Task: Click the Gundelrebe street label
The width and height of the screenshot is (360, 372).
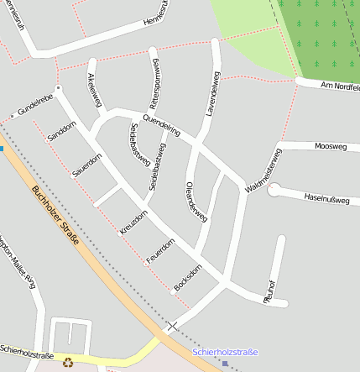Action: pyautogui.click(x=35, y=104)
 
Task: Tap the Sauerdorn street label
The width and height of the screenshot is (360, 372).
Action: pyautogui.click(x=87, y=165)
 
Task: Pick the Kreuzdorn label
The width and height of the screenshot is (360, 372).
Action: pyautogui.click(x=133, y=222)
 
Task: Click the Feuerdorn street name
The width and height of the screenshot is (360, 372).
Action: pyautogui.click(x=160, y=251)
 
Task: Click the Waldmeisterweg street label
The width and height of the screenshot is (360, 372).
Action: pyautogui.click(x=262, y=171)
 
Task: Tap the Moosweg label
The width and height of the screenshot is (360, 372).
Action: pyautogui.click(x=330, y=146)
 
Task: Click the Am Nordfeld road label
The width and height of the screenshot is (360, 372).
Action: pyautogui.click(x=340, y=86)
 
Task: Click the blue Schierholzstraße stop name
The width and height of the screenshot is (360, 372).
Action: pyautogui.click(x=225, y=352)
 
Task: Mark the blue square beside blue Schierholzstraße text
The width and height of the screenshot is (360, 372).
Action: pyautogui.click(x=225, y=364)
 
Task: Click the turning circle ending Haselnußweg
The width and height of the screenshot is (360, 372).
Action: pyautogui.click(x=274, y=191)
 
